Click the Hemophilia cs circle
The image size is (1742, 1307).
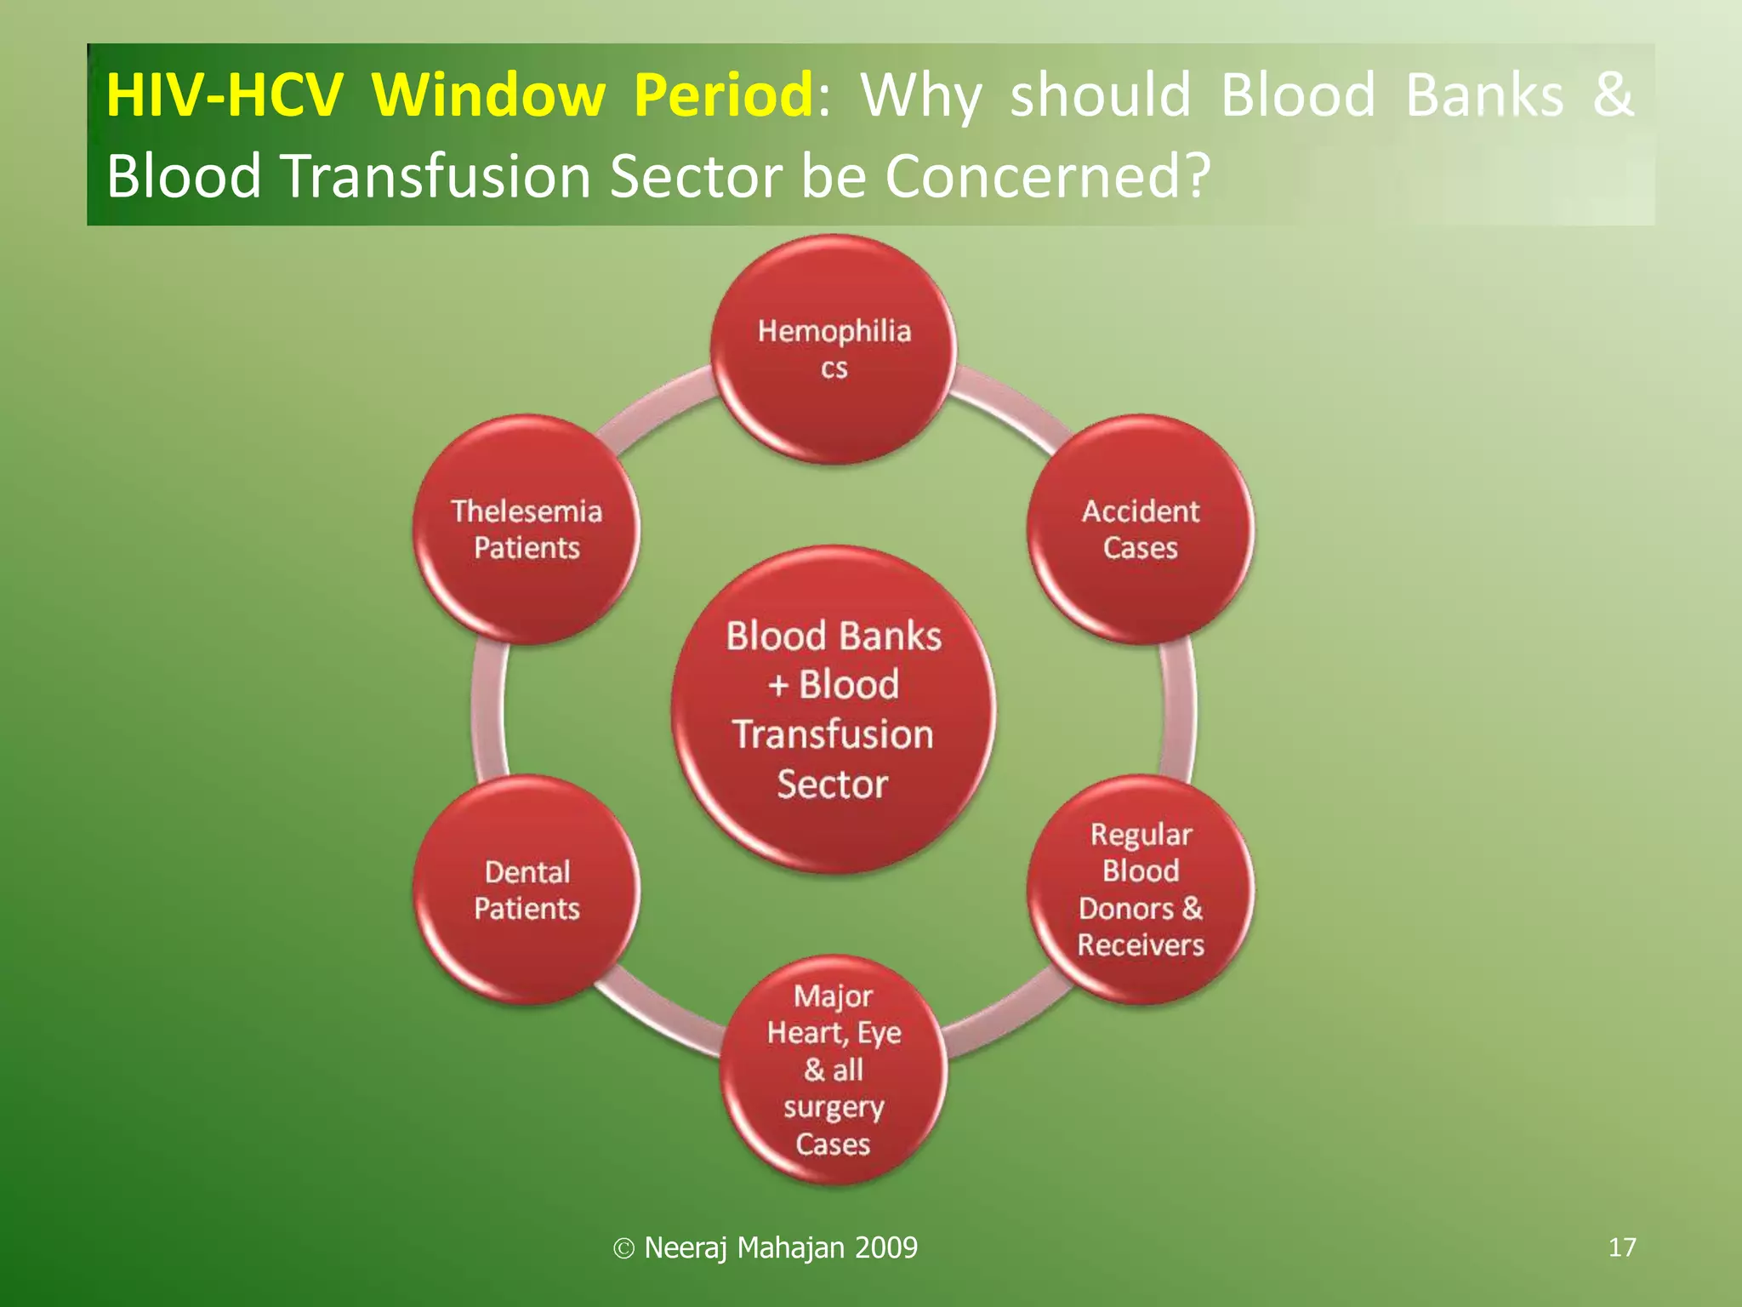point(834,349)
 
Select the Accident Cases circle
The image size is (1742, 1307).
point(1140,529)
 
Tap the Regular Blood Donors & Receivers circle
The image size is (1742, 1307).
point(1140,889)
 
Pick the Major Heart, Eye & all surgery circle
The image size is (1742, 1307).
point(834,1070)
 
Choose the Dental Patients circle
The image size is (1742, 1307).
point(527,889)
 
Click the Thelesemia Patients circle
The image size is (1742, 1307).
point(527,529)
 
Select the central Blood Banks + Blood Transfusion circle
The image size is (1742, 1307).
point(834,709)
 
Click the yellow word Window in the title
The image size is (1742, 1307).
point(488,94)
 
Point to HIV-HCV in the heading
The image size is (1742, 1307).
point(225,94)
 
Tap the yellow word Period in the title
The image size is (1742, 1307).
point(724,94)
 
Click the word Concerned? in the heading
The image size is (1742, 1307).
point(1047,176)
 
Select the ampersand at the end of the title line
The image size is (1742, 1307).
point(1613,94)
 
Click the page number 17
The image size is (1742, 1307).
point(1622,1247)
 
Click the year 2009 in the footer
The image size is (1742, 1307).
point(886,1247)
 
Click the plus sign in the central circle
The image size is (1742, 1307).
point(778,685)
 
